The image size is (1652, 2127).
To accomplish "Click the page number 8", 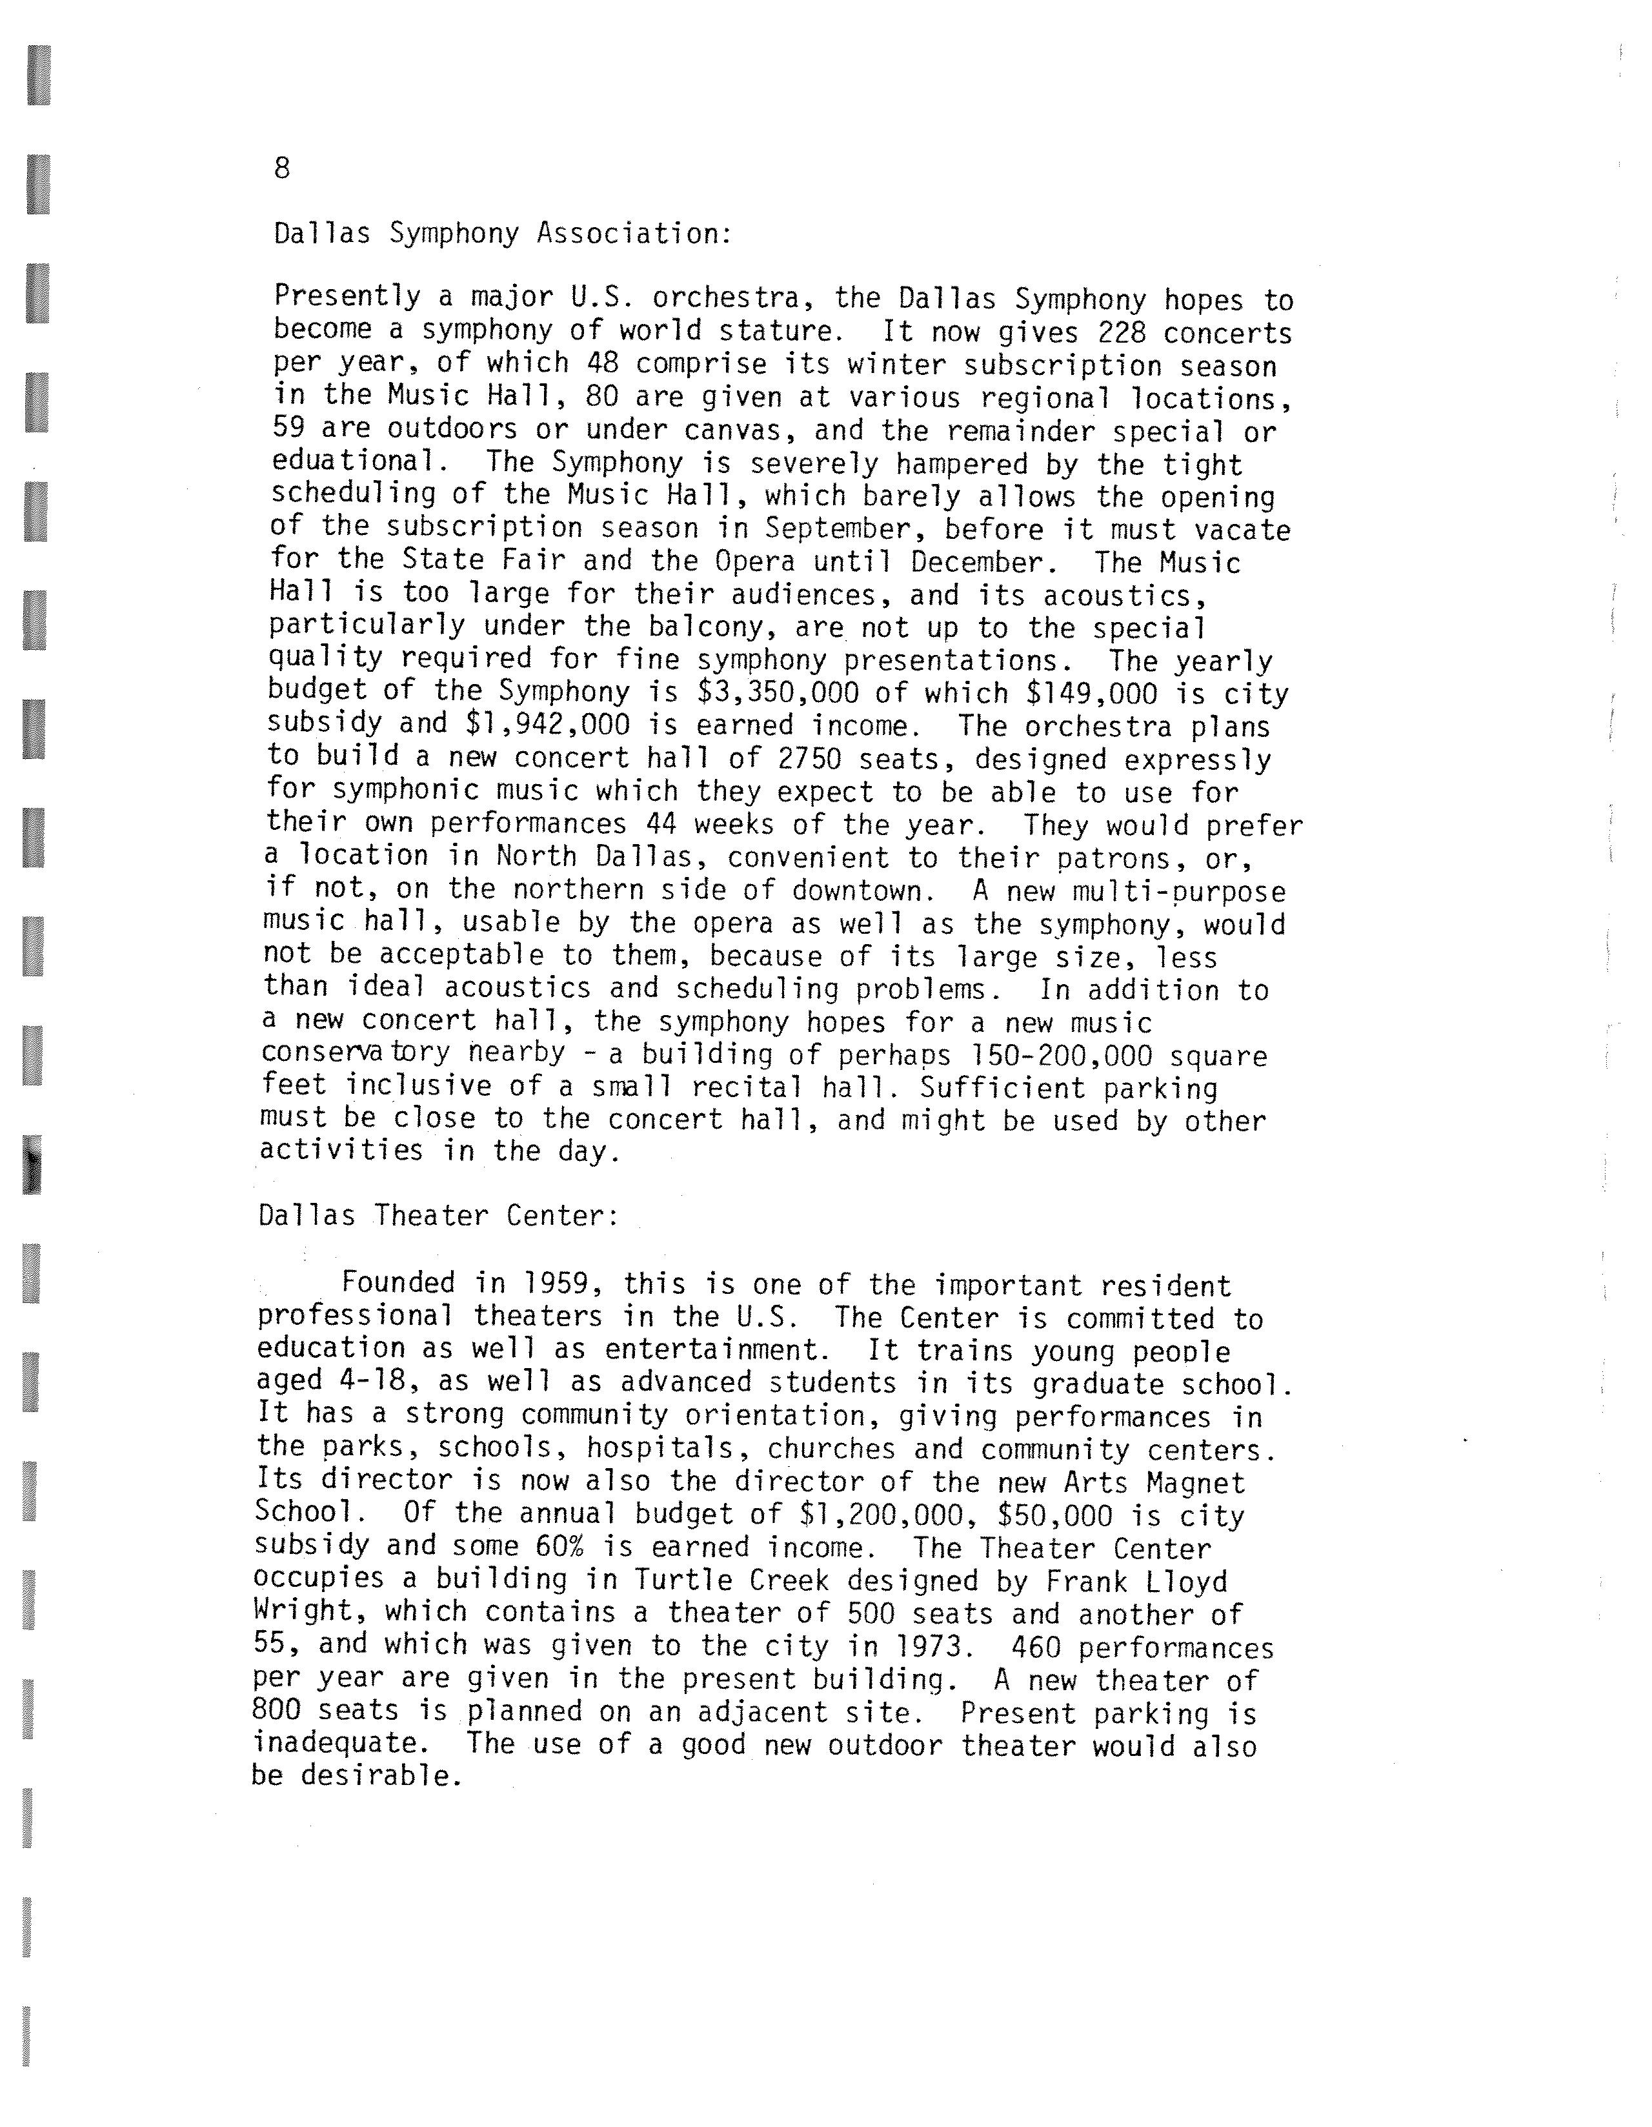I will [x=281, y=168].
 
